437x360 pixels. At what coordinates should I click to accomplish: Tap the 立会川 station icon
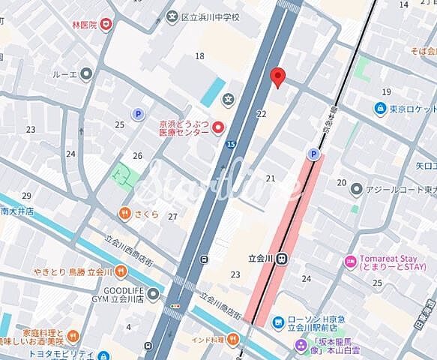coord(281,258)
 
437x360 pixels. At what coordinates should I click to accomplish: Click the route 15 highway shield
coord(230,144)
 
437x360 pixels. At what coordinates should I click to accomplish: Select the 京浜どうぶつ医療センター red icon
coord(219,127)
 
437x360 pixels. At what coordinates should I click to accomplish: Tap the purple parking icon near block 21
coord(313,154)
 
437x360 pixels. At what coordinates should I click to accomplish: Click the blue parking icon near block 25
coord(138,114)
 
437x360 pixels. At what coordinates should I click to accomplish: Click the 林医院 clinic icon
coord(107,25)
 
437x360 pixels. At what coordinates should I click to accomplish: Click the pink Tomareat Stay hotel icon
coord(349,262)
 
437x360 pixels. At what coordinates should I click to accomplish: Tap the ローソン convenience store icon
coord(278,322)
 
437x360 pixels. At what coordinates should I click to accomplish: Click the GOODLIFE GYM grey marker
coord(153,293)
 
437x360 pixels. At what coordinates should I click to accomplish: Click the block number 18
coord(199,56)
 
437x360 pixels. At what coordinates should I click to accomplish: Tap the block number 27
coord(172,217)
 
